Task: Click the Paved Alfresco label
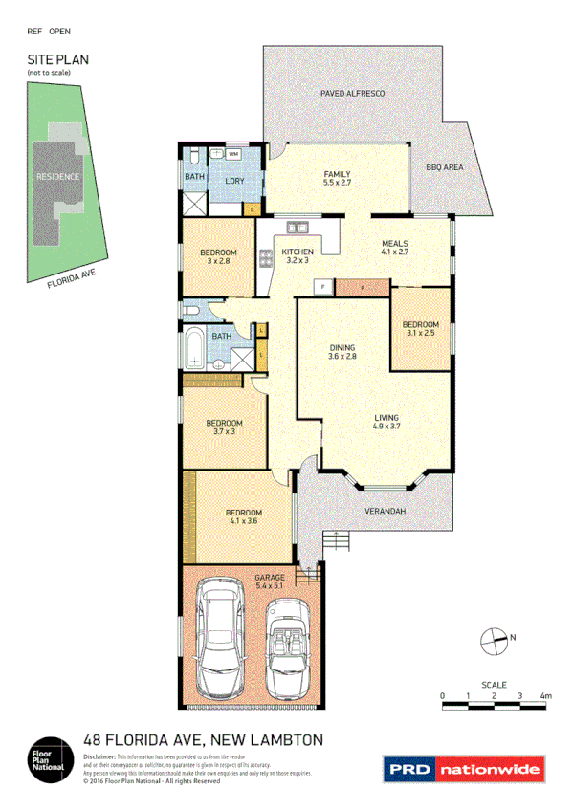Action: pyautogui.click(x=352, y=94)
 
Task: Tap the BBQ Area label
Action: pyautogui.click(x=445, y=167)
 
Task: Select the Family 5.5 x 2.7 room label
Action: pyautogui.click(x=338, y=178)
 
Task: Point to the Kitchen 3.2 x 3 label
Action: pyautogui.click(x=297, y=255)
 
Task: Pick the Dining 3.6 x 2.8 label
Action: pyautogui.click(x=342, y=352)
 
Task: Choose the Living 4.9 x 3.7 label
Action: pyautogui.click(x=386, y=423)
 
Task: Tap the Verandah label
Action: pyautogui.click(x=386, y=513)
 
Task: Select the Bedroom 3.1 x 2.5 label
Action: pyautogui.click(x=421, y=328)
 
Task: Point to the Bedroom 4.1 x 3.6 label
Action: pyautogui.click(x=242, y=517)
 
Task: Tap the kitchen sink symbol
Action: pyautogui.click(x=296, y=228)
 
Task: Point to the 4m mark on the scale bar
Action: pyautogui.click(x=545, y=695)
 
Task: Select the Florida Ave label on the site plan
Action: pyautogui.click(x=73, y=277)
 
